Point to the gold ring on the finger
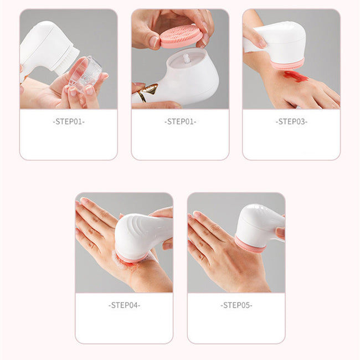tap(148, 91)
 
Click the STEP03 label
tap(291, 122)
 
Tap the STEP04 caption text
tap(124, 305)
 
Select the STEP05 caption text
tap(236, 305)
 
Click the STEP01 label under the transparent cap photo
tap(69, 122)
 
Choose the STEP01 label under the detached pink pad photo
tap(181, 122)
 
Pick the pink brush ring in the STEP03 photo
tap(287, 64)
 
